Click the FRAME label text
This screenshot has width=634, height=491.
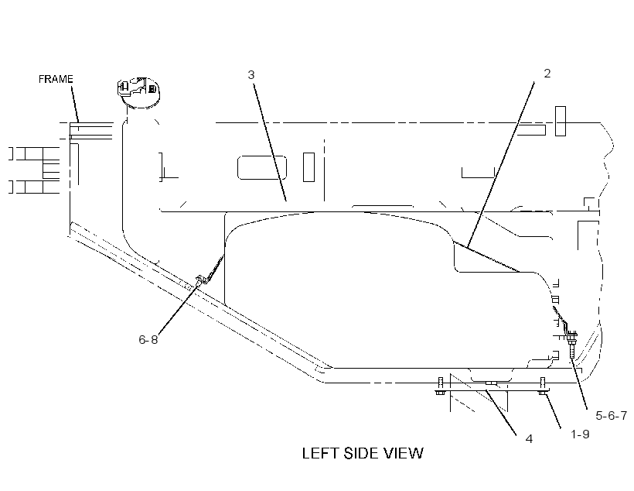(x=56, y=79)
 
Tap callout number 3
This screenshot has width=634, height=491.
(x=251, y=74)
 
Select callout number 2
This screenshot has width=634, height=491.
(x=547, y=74)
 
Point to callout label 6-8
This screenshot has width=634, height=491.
(x=148, y=339)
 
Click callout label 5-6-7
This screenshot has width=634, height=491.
(x=611, y=415)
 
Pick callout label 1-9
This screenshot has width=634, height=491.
(x=580, y=434)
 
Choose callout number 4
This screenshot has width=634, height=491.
(x=529, y=439)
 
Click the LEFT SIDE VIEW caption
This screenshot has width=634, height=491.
(x=363, y=453)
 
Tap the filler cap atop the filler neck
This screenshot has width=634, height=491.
(x=138, y=92)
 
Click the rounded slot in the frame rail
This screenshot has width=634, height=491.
(x=262, y=167)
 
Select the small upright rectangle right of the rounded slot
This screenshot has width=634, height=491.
(x=309, y=167)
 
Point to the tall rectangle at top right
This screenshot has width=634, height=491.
(x=561, y=121)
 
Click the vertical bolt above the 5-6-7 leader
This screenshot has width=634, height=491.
(x=571, y=345)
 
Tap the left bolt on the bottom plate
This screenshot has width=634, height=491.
(x=441, y=387)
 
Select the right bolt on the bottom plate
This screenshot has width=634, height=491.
(x=543, y=386)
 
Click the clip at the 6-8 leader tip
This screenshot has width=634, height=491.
(x=200, y=280)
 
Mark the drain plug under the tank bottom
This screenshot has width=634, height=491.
(x=490, y=383)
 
